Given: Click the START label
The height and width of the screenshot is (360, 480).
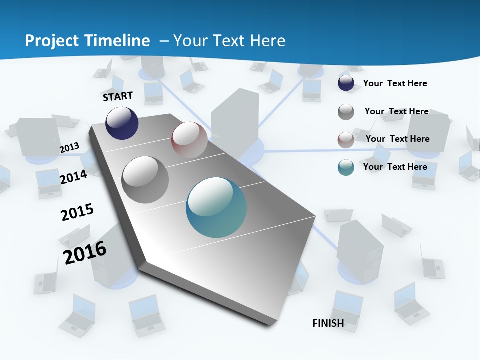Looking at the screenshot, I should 118,96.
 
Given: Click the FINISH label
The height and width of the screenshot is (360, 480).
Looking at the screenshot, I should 328,323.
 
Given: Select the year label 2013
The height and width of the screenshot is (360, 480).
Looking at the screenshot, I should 70,148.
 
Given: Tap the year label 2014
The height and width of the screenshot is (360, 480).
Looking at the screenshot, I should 74,177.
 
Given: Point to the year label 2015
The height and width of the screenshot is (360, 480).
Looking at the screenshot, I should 77,212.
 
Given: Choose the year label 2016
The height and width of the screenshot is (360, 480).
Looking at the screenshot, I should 85,252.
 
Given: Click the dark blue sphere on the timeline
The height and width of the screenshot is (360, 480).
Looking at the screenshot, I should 122,123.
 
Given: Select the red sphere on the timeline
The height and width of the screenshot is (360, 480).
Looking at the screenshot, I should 189,139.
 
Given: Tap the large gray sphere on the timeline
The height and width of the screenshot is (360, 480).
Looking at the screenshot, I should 145,180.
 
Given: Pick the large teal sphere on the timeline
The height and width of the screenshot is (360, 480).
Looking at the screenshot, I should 216,207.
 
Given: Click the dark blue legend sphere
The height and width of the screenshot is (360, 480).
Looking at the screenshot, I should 346,83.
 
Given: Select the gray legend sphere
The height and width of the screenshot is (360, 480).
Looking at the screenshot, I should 346,112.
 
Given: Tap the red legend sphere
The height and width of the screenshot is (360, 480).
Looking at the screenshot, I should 346,140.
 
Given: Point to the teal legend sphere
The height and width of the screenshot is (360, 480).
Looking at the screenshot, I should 346,167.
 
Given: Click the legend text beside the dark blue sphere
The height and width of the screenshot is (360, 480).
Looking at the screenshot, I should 395,83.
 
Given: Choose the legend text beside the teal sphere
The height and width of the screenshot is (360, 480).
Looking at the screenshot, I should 395,167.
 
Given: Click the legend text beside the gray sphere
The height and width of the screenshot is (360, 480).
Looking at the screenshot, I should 396,111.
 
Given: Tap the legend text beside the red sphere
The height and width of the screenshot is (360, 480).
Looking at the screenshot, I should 397,139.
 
